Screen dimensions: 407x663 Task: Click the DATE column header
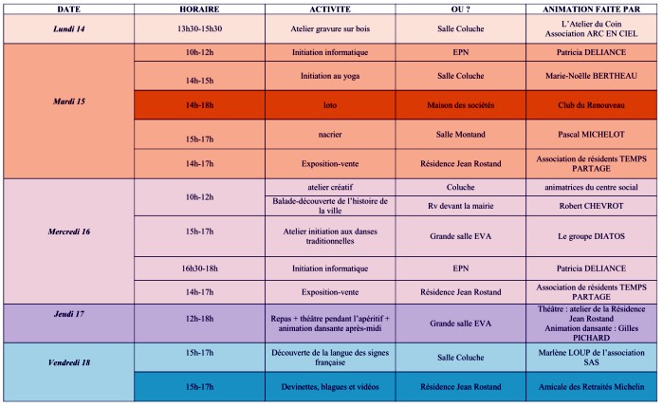point(68,8)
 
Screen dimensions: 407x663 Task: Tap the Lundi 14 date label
point(68,29)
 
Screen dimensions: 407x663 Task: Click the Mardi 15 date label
point(68,100)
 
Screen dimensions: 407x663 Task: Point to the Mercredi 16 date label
point(68,231)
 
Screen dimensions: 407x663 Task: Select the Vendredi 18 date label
point(68,363)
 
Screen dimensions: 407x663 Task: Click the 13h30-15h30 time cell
point(199,29)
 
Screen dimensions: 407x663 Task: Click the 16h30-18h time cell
point(199,268)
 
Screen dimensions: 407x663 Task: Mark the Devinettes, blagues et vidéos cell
point(332,387)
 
